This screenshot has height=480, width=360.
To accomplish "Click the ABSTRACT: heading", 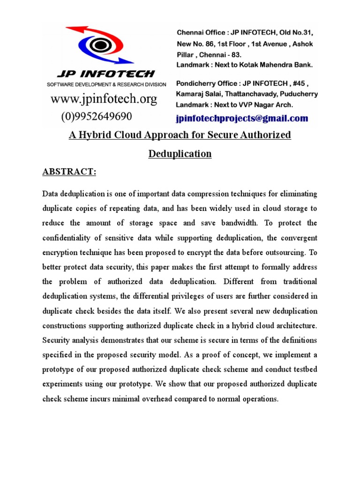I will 69,172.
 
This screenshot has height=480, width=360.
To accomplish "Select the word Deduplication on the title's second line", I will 180,154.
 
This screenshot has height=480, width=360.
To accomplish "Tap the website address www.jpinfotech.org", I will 104,99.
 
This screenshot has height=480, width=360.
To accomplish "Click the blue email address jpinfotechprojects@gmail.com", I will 242,119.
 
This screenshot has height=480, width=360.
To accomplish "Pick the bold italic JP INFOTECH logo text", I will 106,73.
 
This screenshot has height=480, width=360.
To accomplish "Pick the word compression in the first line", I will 200,194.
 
